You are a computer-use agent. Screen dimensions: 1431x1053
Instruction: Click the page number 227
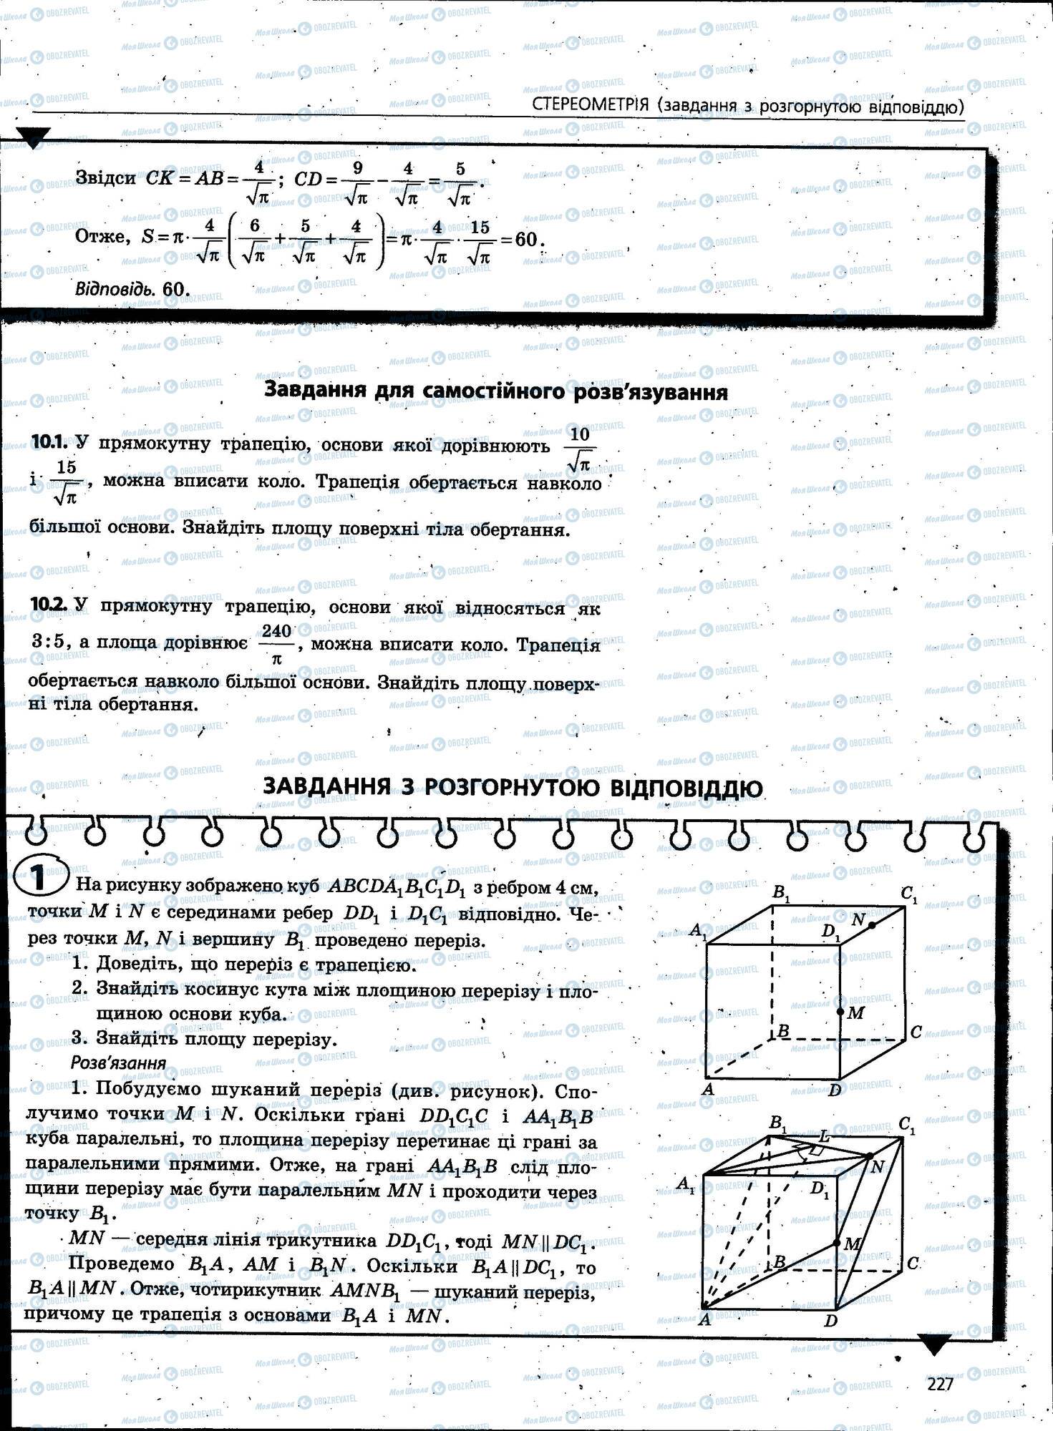pos(940,1384)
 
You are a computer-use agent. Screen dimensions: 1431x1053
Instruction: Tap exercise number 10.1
pos(48,443)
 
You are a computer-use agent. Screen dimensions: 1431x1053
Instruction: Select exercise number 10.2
pos(48,605)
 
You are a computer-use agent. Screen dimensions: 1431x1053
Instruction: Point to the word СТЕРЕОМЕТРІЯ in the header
pos(591,105)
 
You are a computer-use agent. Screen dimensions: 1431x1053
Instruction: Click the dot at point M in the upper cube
pos(840,1012)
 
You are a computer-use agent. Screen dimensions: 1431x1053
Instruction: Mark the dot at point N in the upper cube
pos(872,925)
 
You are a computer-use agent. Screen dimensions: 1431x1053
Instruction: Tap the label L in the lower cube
pos(825,1135)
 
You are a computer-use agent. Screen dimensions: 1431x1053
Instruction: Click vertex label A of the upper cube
pos(708,1090)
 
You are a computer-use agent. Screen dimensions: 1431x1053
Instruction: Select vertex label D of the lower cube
pos(830,1321)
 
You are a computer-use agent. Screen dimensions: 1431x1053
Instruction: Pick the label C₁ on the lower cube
pos(908,1125)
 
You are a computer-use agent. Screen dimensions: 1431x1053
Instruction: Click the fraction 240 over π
pos(276,645)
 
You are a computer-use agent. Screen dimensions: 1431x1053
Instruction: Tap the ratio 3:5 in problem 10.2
pos(51,642)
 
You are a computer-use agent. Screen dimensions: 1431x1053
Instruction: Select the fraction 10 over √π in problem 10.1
pos(580,449)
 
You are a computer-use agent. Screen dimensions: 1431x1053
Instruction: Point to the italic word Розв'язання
pos(118,1063)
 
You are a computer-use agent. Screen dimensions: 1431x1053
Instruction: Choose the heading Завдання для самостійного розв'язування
pos(496,392)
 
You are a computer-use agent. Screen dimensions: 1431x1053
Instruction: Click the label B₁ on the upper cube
pos(780,893)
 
